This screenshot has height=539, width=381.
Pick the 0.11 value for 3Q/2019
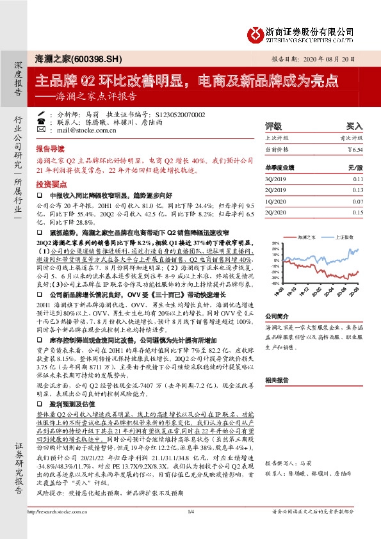[357, 180]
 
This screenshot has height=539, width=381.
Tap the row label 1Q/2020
[276, 202]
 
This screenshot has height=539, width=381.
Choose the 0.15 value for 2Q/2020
[357, 213]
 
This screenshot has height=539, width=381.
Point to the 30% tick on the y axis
[275, 244]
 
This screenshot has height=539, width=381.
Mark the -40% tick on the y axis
[275, 282]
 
